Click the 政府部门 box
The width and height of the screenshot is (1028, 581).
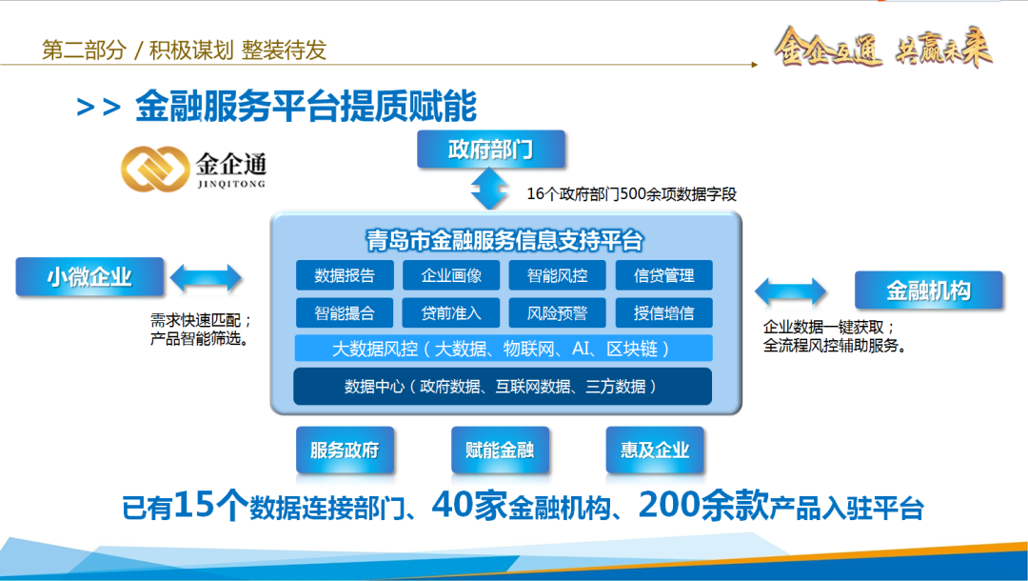click(491, 150)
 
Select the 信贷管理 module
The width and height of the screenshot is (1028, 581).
click(663, 276)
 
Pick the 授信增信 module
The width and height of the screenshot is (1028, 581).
click(663, 312)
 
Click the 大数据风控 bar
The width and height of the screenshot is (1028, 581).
click(504, 349)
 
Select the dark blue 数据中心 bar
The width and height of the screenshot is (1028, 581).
click(504, 386)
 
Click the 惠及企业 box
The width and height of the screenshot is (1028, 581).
click(655, 450)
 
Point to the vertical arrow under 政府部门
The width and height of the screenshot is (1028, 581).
click(491, 190)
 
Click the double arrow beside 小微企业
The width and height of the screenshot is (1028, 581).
click(207, 278)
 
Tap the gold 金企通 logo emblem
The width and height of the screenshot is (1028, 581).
click(155, 169)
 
